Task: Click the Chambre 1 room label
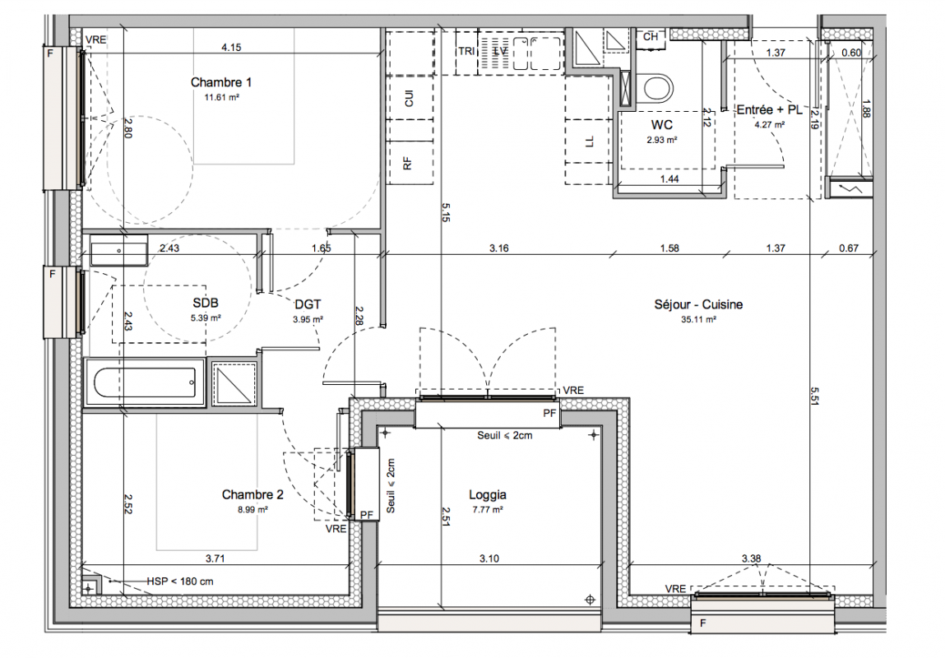coord(221,82)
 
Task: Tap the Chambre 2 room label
coord(252,494)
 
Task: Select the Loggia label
coord(488,495)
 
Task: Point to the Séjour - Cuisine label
coord(698,305)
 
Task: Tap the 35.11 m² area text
coord(698,320)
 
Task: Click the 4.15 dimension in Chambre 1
coord(231,47)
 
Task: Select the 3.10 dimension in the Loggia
coord(489,558)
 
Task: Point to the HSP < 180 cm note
coord(180,582)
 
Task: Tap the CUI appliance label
coord(410,98)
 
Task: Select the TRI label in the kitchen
coord(466,51)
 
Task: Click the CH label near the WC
coord(651,37)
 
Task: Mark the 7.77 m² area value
coord(488,510)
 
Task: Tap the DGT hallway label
coord(308,305)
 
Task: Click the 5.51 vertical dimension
coord(814,396)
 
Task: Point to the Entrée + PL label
coord(770,110)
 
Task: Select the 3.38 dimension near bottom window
coord(751,558)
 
